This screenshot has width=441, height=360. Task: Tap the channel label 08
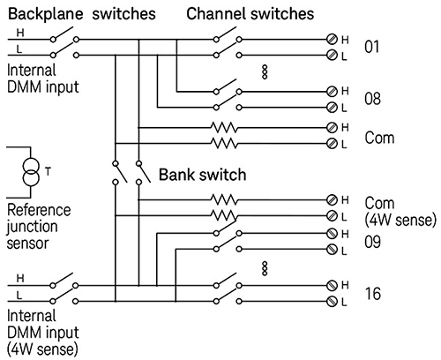[373, 98]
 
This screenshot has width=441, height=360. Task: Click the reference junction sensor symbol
[32, 171]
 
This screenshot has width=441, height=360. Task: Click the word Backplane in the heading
[40, 15]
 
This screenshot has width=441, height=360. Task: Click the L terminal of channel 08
[332, 105]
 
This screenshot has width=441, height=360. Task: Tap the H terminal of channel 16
[332, 286]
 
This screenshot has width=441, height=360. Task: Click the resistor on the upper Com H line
[225, 126]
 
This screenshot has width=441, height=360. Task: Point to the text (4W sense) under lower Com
[395, 220]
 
